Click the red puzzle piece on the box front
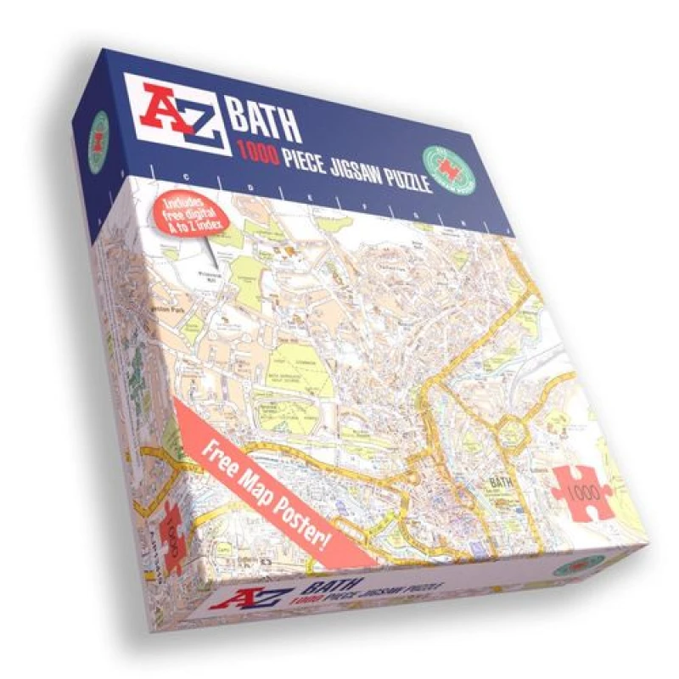582,490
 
